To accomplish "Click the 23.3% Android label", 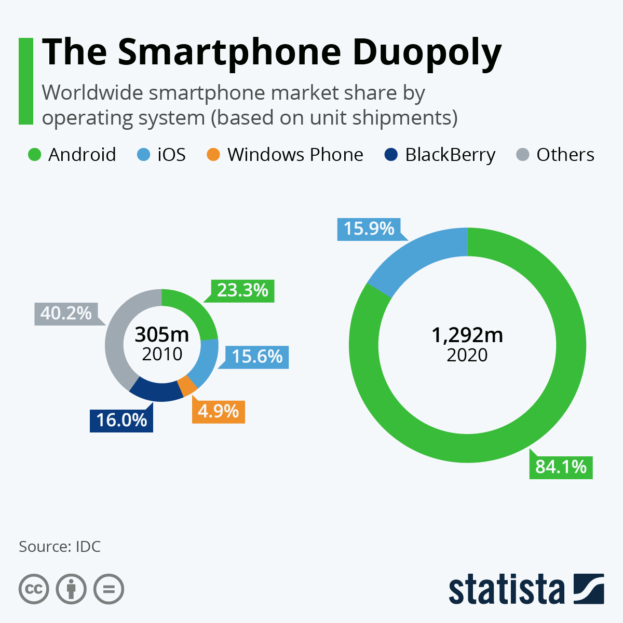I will coord(242,291).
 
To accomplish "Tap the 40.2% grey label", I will coord(66,314).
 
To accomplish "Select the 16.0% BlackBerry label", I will coord(121,420).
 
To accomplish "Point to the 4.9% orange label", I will coord(218,411).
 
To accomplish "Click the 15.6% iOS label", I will coord(257,357).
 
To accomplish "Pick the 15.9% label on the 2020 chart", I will coord(369,229).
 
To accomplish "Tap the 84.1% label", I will coord(561,467).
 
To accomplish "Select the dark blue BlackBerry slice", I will coord(155,391).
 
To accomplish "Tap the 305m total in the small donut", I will coord(161,335).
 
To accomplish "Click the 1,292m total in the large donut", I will coord(467,335).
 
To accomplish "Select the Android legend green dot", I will coord(34,155).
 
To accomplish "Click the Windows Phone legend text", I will coord(295,155).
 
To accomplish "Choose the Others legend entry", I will coord(565,155).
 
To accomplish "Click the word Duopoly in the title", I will coord(427,53).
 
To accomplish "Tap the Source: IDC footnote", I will coord(60,547).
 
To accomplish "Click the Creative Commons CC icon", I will coord(34,589).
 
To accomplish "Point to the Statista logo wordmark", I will coord(506,590).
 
